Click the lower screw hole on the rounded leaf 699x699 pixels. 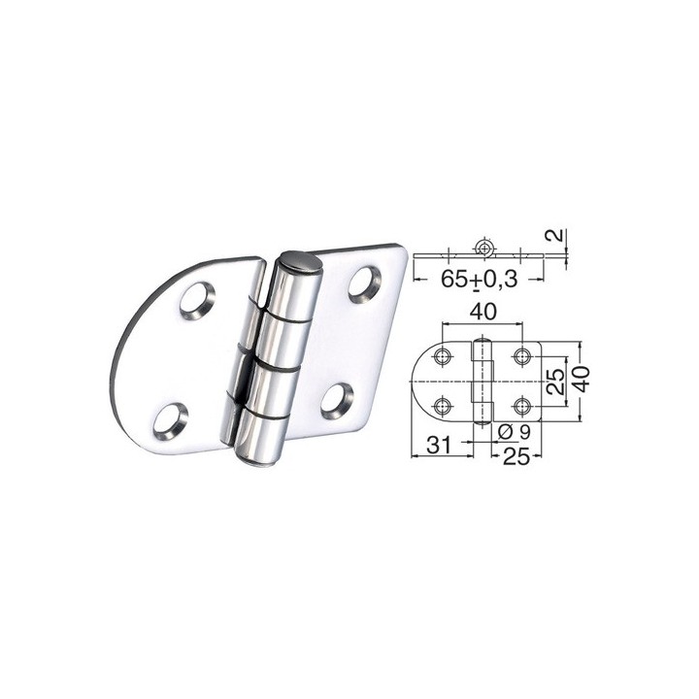point(175,419)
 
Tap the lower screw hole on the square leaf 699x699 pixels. point(339,397)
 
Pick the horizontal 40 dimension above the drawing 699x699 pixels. point(482,312)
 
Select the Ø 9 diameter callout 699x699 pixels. point(512,432)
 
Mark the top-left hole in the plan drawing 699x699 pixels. point(443,356)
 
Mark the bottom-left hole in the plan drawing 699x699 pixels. point(443,405)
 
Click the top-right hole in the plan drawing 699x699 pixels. point(522,356)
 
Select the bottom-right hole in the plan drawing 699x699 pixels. point(522,405)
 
